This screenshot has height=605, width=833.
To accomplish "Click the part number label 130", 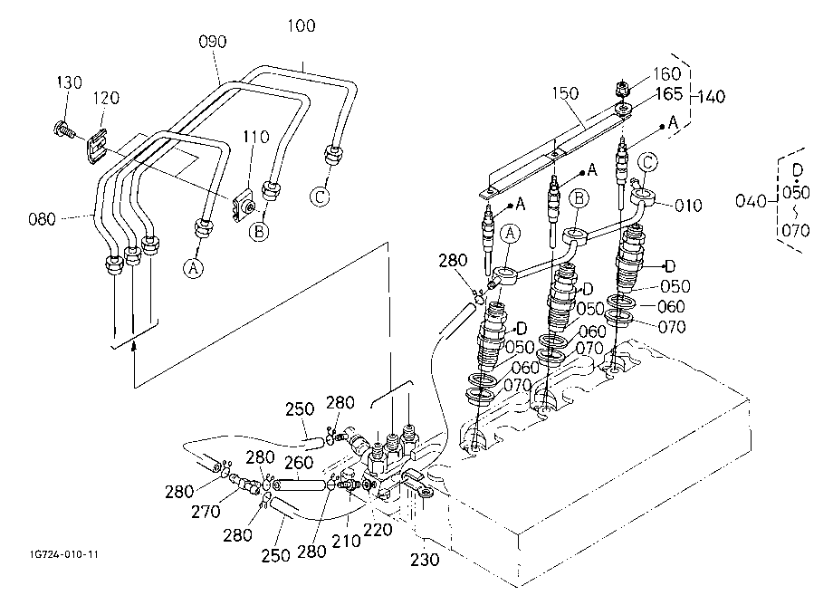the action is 70,82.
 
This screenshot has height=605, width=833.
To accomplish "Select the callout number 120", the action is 106,98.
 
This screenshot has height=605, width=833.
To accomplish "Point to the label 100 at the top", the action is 302,25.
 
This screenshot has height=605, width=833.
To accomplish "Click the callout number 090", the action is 213,42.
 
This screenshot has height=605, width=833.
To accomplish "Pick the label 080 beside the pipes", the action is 42,219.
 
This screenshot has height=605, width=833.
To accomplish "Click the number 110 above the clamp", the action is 256,137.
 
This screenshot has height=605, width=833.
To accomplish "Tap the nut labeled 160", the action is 623,88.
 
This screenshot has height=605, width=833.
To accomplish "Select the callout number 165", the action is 669,94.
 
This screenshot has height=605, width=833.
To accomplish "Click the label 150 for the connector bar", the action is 565,93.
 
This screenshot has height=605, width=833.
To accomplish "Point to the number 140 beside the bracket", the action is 712,97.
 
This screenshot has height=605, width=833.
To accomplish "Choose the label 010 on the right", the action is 688,206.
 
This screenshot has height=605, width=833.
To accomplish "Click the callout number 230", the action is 425,560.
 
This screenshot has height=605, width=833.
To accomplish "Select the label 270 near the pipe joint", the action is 206,512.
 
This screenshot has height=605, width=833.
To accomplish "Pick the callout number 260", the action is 299,463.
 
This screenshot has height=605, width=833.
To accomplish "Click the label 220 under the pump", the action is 378,530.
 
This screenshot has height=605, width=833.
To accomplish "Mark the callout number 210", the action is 347,542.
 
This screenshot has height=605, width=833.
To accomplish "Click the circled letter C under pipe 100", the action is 320,197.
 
